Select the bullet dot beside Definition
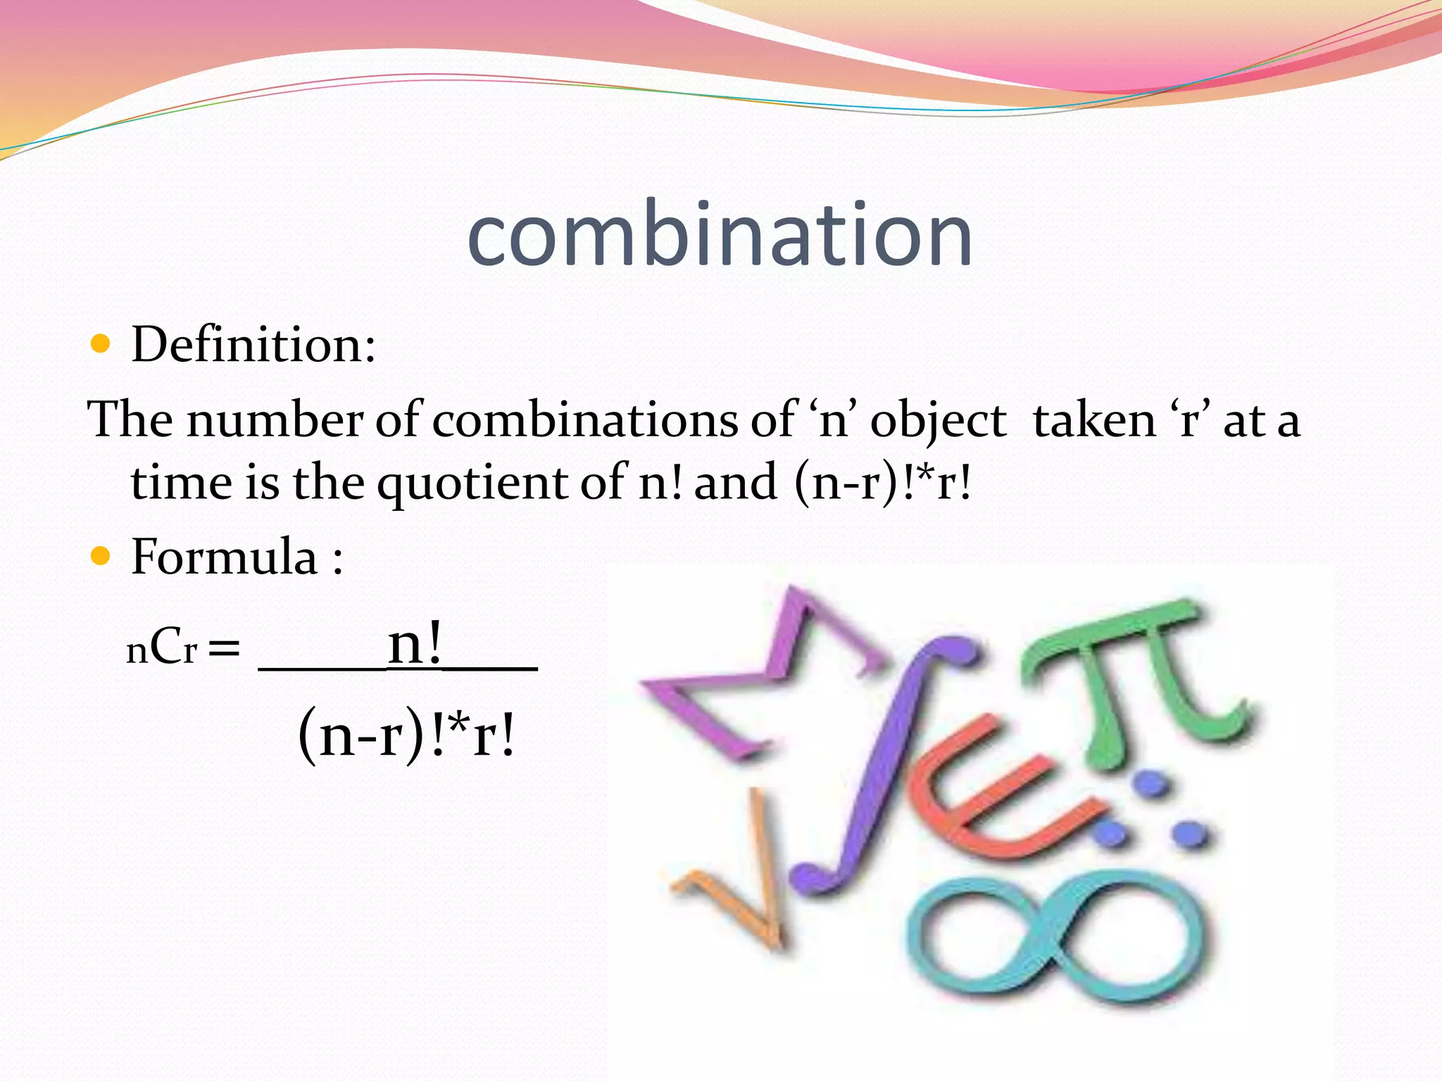[x=101, y=344]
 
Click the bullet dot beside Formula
[x=101, y=557]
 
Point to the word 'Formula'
[x=225, y=557]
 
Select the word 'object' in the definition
[x=938, y=422]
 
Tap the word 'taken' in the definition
[x=1093, y=420]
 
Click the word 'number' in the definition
[x=275, y=420]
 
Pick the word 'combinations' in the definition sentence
[x=584, y=420]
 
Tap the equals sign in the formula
[x=224, y=649]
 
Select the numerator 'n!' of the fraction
[x=415, y=643]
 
